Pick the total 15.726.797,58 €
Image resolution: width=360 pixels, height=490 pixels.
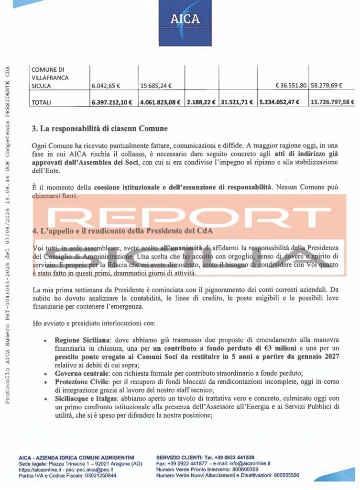pyautogui.click(x=332, y=102)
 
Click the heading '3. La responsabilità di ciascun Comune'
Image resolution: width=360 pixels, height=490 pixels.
pyautogui.click(x=100, y=129)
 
